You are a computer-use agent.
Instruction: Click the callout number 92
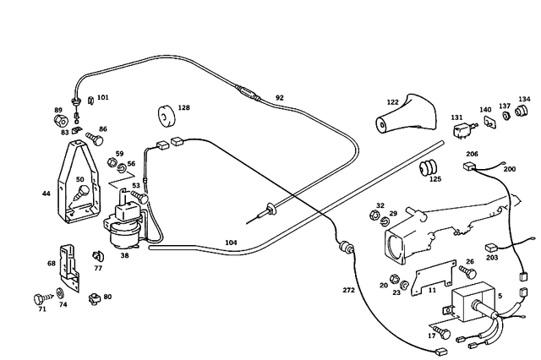point(280,98)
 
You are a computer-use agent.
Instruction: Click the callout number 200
point(509,169)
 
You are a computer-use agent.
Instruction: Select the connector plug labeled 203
point(492,248)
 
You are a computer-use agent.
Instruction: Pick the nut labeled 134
point(525,113)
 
